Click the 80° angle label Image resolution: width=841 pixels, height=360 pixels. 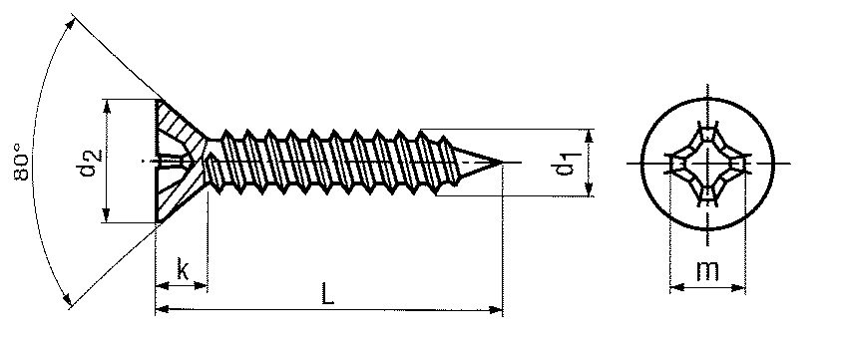click(x=22, y=161)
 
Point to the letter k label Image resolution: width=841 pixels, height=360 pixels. click(x=183, y=271)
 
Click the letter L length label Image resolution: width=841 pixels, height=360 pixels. click(x=327, y=294)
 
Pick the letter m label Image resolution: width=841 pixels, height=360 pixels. click(x=707, y=271)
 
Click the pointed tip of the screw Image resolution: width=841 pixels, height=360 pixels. click(x=503, y=162)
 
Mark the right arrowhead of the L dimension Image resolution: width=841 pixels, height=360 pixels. click(x=496, y=309)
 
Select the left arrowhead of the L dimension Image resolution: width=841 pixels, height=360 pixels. click(x=163, y=309)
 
